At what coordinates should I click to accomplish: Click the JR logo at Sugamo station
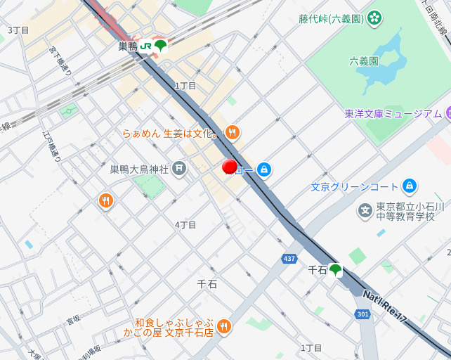(145, 46)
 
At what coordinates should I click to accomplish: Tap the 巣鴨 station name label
(127, 46)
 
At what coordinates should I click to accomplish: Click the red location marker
(229, 167)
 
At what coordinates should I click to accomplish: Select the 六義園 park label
(364, 62)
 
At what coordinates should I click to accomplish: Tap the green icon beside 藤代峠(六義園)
(374, 17)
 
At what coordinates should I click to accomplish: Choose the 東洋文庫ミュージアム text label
(393, 114)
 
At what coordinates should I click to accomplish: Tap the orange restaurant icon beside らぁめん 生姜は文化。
(233, 132)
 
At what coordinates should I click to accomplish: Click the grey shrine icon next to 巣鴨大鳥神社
(180, 168)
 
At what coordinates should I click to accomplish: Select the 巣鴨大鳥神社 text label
(139, 169)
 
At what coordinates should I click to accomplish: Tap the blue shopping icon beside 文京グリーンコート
(410, 186)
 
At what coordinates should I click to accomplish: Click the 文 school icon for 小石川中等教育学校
(365, 210)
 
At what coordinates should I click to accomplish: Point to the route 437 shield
(289, 259)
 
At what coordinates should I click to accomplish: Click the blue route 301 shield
(362, 314)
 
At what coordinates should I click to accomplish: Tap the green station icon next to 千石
(336, 269)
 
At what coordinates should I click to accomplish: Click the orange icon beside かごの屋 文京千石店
(223, 325)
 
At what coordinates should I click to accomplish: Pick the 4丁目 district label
(185, 225)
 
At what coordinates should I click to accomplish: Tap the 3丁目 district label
(18, 30)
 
